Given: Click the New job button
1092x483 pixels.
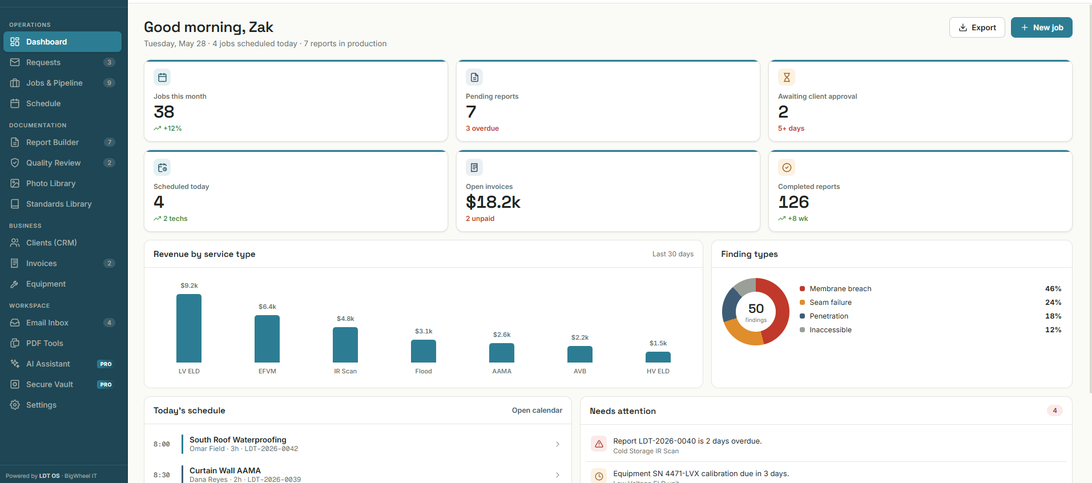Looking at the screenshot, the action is pos(1041,27).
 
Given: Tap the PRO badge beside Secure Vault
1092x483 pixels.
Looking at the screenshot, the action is pos(106,384).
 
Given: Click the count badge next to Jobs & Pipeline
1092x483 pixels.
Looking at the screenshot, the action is pos(109,83).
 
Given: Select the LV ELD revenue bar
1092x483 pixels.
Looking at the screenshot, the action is pos(189,328).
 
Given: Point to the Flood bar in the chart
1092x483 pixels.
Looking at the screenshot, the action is pos(424,351).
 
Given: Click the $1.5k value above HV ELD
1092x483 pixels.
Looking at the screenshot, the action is pos(658,343).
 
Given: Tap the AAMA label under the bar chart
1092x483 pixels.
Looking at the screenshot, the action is pos(502,371).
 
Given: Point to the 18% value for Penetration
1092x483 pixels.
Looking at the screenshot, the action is pos(1053,316).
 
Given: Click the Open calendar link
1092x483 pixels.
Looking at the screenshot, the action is pos(537,410).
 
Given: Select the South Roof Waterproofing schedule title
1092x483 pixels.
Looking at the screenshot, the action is pos(238,440).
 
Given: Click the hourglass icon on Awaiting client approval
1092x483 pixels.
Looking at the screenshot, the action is pos(787,77).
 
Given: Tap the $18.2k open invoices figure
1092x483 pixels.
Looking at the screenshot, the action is pos(493,202).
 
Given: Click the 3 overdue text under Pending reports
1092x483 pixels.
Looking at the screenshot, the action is pos(482,128).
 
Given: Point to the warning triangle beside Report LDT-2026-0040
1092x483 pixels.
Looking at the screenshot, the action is pos(599,444).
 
